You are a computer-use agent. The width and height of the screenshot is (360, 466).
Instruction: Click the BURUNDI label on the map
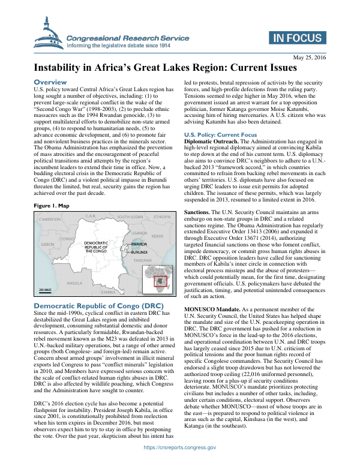click(140, 253)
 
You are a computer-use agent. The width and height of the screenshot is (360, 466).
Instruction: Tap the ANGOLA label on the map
click(75, 282)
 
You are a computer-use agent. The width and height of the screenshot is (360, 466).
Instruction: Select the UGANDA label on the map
click(139, 232)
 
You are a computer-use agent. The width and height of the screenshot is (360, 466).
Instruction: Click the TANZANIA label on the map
click(142, 261)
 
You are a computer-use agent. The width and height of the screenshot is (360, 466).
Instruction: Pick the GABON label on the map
click(47, 245)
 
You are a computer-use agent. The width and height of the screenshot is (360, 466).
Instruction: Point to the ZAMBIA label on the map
click(108, 292)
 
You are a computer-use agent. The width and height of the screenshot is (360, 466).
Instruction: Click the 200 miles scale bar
click(46, 290)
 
